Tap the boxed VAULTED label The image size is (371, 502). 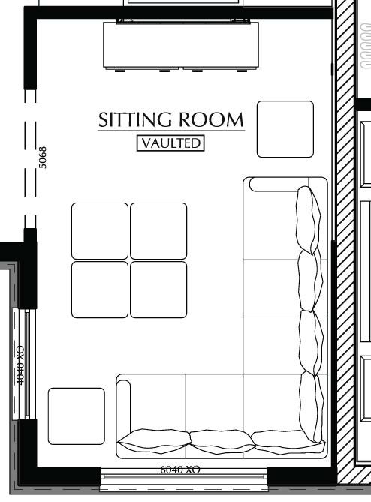(x=170, y=143)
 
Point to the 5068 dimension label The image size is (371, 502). (x=43, y=158)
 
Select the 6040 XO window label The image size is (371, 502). (x=179, y=470)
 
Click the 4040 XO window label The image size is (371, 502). (x=20, y=365)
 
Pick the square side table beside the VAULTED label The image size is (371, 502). (x=285, y=129)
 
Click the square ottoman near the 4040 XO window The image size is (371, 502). (x=76, y=416)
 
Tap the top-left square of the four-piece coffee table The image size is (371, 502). (x=100, y=230)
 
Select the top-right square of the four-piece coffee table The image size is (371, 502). (x=158, y=230)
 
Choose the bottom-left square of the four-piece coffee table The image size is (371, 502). (x=100, y=289)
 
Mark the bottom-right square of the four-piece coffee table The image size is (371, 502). (x=158, y=289)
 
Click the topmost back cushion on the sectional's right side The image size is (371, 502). (x=307, y=220)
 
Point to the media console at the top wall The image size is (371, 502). (x=180, y=46)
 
